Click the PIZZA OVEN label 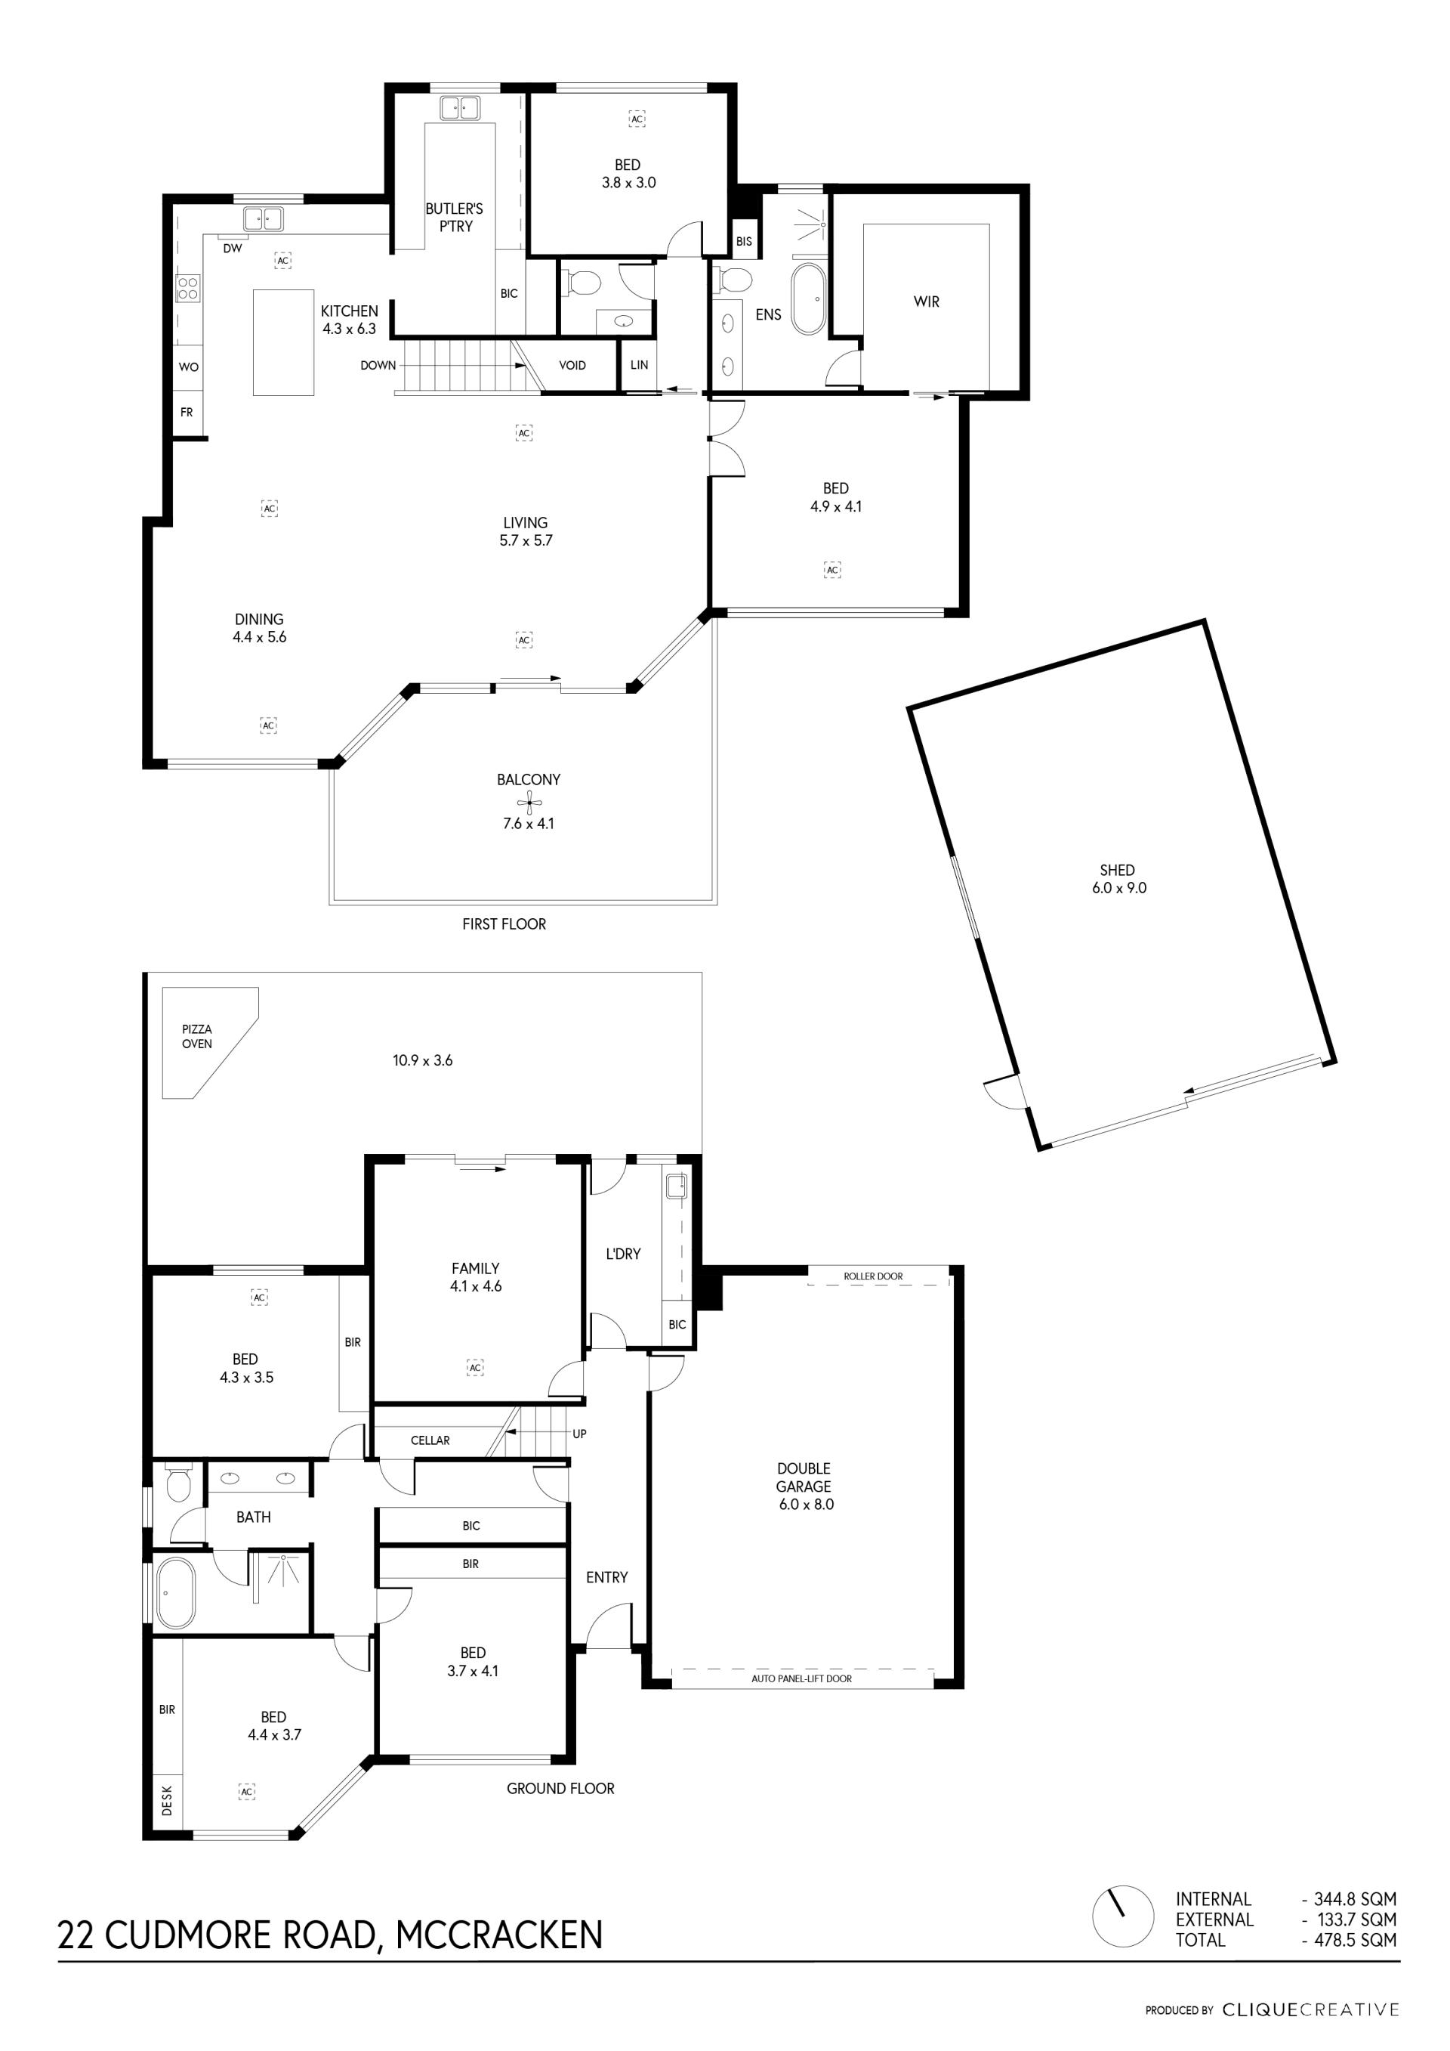coord(197,1036)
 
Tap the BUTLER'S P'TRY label coord(455,217)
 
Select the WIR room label coord(927,302)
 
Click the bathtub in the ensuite coord(810,299)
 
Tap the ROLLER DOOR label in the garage coord(873,1276)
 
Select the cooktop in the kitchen coord(187,286)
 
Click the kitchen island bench coord(284,342)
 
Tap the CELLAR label coord(430,1440)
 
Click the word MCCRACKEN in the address coord(499,1935)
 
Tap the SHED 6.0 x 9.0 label coord(1118,879)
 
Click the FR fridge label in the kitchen coord(187,413)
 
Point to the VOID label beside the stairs coord(572,365)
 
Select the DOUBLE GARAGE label coord(804,1486)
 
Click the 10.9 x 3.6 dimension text coord(423,1060)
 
